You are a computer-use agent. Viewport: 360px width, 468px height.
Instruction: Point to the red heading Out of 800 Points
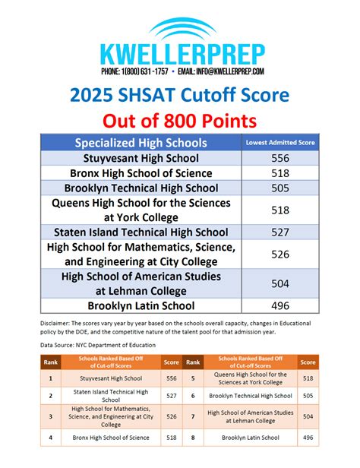click(180, 122)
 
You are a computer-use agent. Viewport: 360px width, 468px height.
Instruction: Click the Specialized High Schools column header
click(141, 143)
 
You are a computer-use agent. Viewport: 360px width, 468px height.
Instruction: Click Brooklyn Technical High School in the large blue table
click(141, 188)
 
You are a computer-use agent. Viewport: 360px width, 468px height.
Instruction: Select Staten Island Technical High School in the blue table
click(141, 232)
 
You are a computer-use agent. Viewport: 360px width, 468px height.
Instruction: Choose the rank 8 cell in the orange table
click(194, 438)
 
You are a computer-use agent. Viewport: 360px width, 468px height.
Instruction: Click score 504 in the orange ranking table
click(308, 416)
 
